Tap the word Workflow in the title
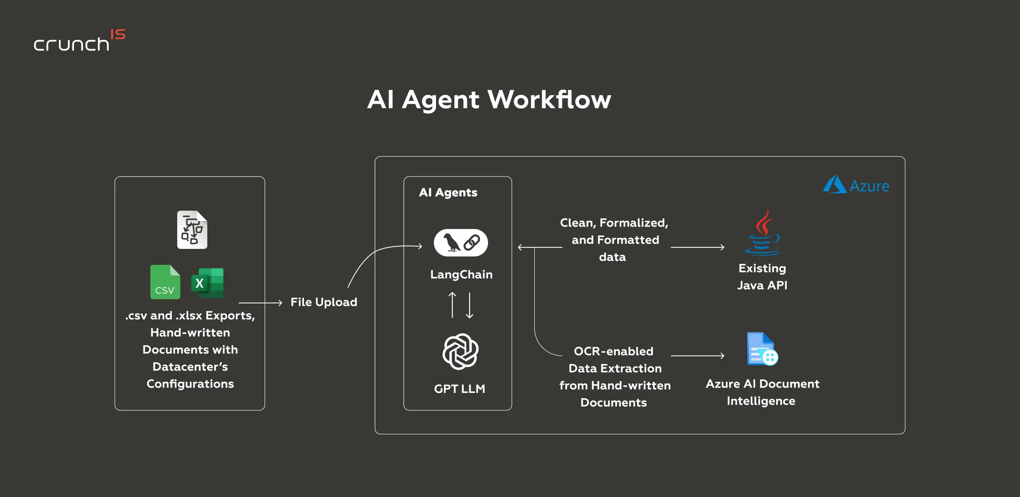point(549,99)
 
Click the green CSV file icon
point(165,282)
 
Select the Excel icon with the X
point(207,283)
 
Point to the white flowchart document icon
point(192,229)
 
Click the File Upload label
point(324,302)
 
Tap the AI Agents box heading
point(448,192)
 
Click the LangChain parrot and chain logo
point(461,243)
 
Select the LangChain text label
point(461,275)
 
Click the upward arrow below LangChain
point(452,305)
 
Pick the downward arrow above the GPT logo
point(470,305)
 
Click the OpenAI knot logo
point(460,351)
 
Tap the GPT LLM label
point(460,389)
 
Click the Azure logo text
point(869,186)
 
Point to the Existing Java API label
point(762,277)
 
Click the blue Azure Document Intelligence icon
point(762,349)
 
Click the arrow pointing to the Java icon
point(697,247)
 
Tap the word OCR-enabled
point(614,351)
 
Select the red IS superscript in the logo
point(118,34)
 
